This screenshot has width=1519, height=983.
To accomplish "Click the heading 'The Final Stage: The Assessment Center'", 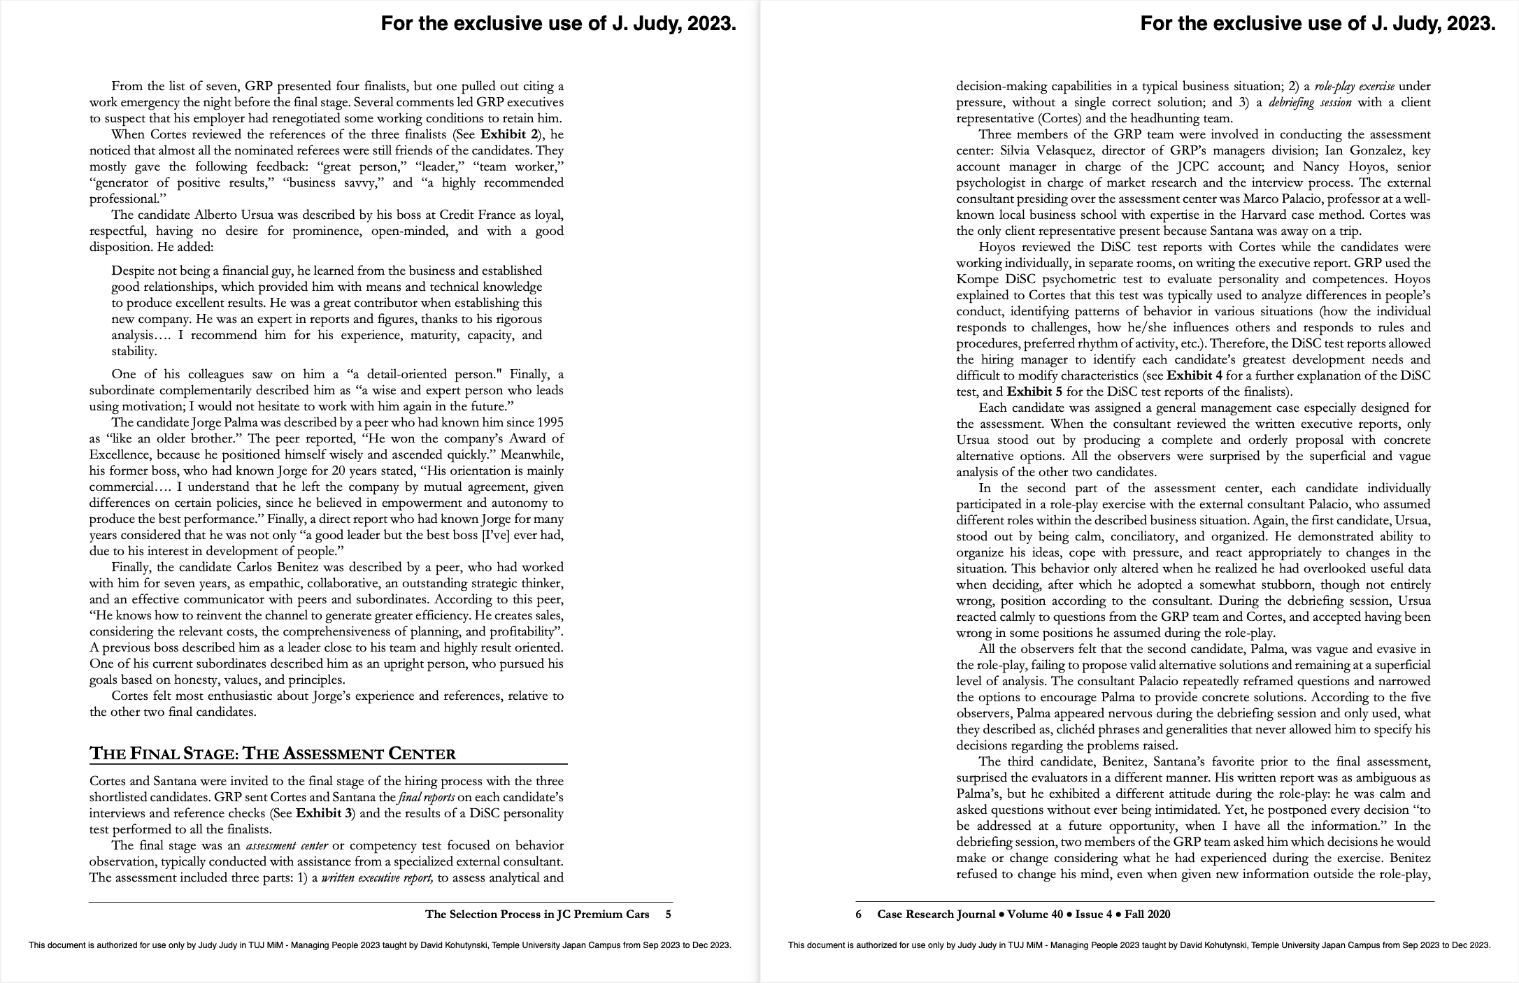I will coord(273,754).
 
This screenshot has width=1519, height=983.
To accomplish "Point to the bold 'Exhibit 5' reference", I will coord(1034,392).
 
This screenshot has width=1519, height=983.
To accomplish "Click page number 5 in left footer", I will coord(668,914).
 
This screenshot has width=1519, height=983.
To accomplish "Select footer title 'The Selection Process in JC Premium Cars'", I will coord(537,914).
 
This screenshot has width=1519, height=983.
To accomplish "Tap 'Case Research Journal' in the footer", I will coord(936,914).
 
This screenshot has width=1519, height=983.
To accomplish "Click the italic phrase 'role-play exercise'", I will coord(1355,87).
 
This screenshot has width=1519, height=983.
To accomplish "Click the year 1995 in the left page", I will coord(550,423).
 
